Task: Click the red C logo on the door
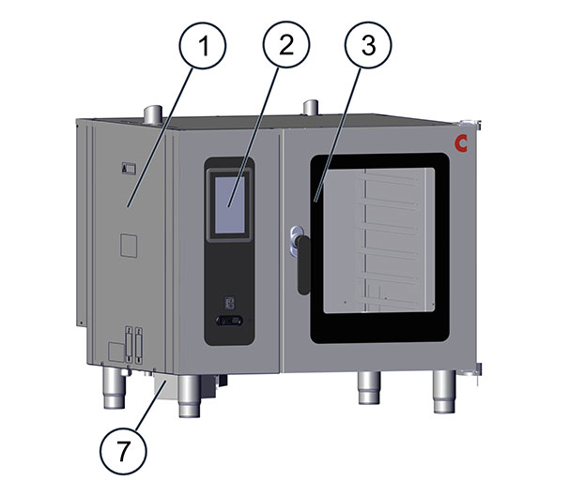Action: [461, 143]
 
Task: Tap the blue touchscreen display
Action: [230, 204]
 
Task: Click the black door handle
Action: [303, 265]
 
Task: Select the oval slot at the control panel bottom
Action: [229, 321]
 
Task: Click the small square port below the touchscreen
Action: [229, 303]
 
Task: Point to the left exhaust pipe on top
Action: [153, 114]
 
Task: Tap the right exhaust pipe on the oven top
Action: [311, 108]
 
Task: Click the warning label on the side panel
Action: [129, 169]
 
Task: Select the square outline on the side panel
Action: [129, 246]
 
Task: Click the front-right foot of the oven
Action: [444, 392]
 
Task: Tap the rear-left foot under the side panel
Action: [115, 387]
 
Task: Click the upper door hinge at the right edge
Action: [471, 124]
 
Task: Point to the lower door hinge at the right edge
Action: [471, 370]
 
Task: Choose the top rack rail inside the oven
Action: [390, 177]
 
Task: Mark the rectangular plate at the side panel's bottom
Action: [116, 352]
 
